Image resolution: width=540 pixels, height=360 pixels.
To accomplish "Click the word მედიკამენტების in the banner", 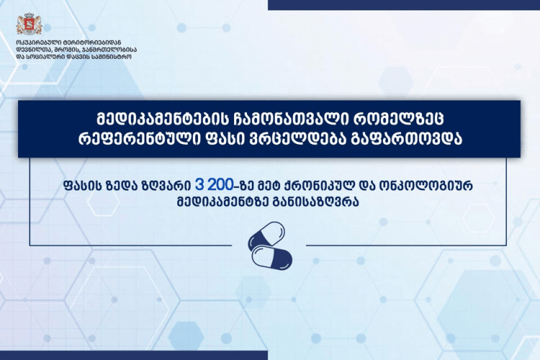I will [x=156, y=117].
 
